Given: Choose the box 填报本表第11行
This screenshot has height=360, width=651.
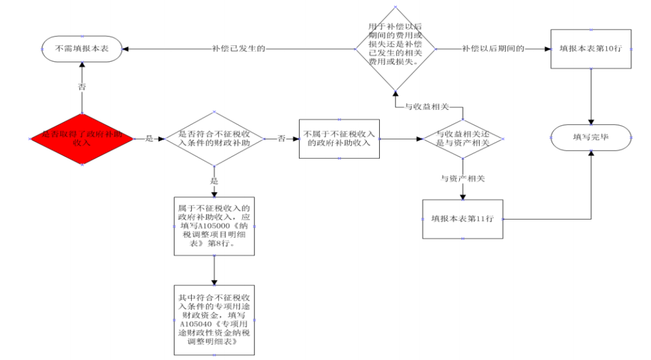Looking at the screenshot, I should [x=462, y=219].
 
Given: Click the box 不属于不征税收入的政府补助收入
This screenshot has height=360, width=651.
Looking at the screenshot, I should [x=339, y=138].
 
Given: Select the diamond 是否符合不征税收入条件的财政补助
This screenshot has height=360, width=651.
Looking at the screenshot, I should [x=214, y=138].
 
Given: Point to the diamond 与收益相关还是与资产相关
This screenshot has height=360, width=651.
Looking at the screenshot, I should [x=462, y=138].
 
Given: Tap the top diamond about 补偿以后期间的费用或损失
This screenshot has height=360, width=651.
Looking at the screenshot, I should [x=395, y=48].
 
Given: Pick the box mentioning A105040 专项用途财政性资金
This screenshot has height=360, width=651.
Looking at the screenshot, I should [x=214, y=320].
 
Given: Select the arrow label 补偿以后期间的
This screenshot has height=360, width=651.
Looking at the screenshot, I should [x=493, y=48].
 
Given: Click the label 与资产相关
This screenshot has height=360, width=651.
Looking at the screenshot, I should [x=462, y=178].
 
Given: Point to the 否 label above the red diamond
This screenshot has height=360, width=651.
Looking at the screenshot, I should [x=82, y=86].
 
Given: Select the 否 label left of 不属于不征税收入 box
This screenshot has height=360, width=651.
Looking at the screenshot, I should [x=281, y=138].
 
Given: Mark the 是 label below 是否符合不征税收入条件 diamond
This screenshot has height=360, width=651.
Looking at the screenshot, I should [x=214, y=180].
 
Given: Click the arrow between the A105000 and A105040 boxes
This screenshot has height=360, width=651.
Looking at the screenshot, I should [x=214, y=270].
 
